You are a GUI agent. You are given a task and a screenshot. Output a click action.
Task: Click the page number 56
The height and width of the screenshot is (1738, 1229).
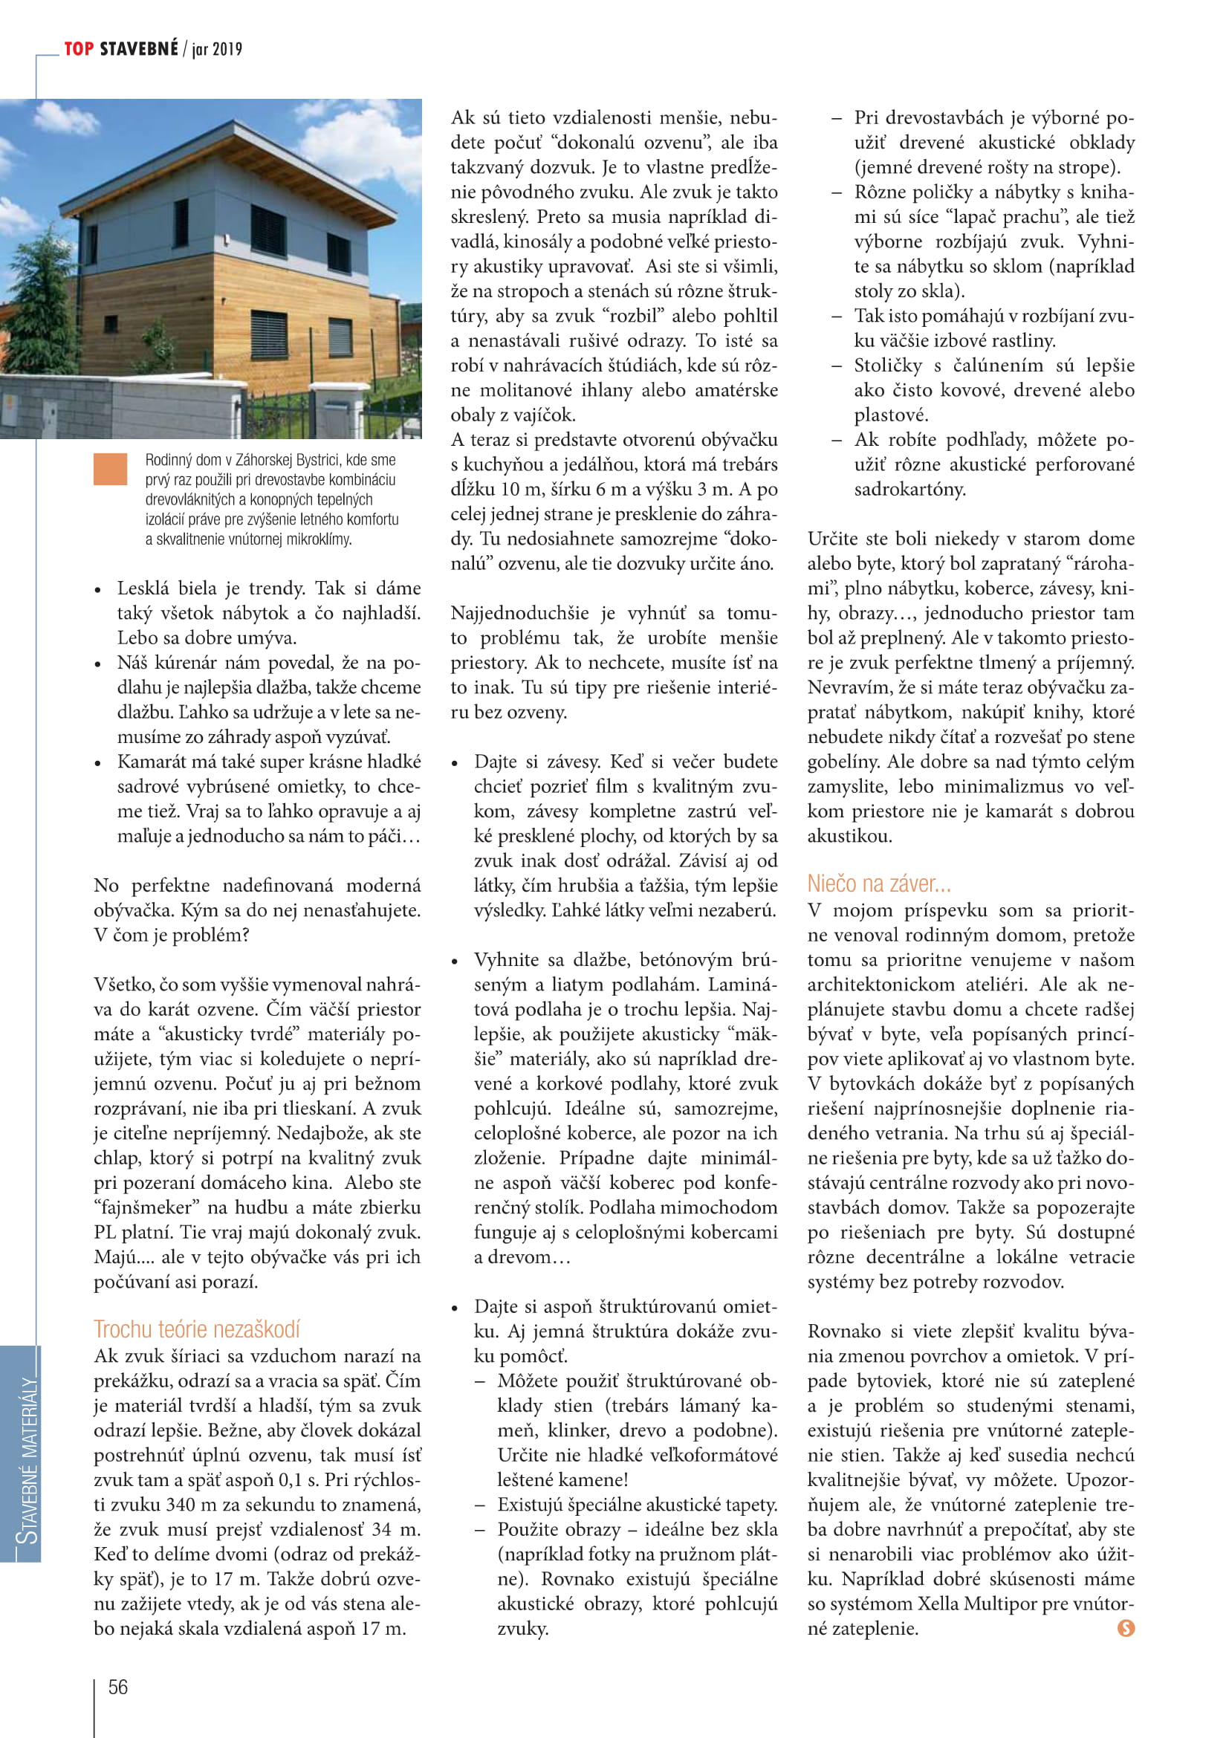pos(118,1687)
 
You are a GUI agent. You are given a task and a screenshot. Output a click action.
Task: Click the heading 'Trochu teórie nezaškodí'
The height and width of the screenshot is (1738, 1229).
pos(197,1329)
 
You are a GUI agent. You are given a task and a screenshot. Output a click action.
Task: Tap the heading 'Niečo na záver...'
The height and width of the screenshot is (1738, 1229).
pos(878,883)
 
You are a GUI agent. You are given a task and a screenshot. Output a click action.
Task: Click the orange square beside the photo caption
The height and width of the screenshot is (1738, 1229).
pos(111,470)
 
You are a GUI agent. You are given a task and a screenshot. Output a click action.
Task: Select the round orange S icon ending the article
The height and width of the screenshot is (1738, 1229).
pos(1126,1628)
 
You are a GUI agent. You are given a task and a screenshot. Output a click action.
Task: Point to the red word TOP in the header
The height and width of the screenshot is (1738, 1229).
pos(79,49)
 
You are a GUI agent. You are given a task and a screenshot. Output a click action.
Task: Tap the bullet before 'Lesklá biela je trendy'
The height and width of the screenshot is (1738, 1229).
pos(98,590)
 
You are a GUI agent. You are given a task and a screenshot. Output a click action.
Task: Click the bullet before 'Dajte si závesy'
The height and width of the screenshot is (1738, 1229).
pos(455,763)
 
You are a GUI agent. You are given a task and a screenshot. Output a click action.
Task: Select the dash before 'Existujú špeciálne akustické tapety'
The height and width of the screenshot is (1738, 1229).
pos(480,1505)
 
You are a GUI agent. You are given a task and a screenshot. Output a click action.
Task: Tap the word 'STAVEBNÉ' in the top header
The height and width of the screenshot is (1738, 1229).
pos(138,49)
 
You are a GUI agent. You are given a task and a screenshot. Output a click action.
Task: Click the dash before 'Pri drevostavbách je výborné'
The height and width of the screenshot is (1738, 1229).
pos(836,118)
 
